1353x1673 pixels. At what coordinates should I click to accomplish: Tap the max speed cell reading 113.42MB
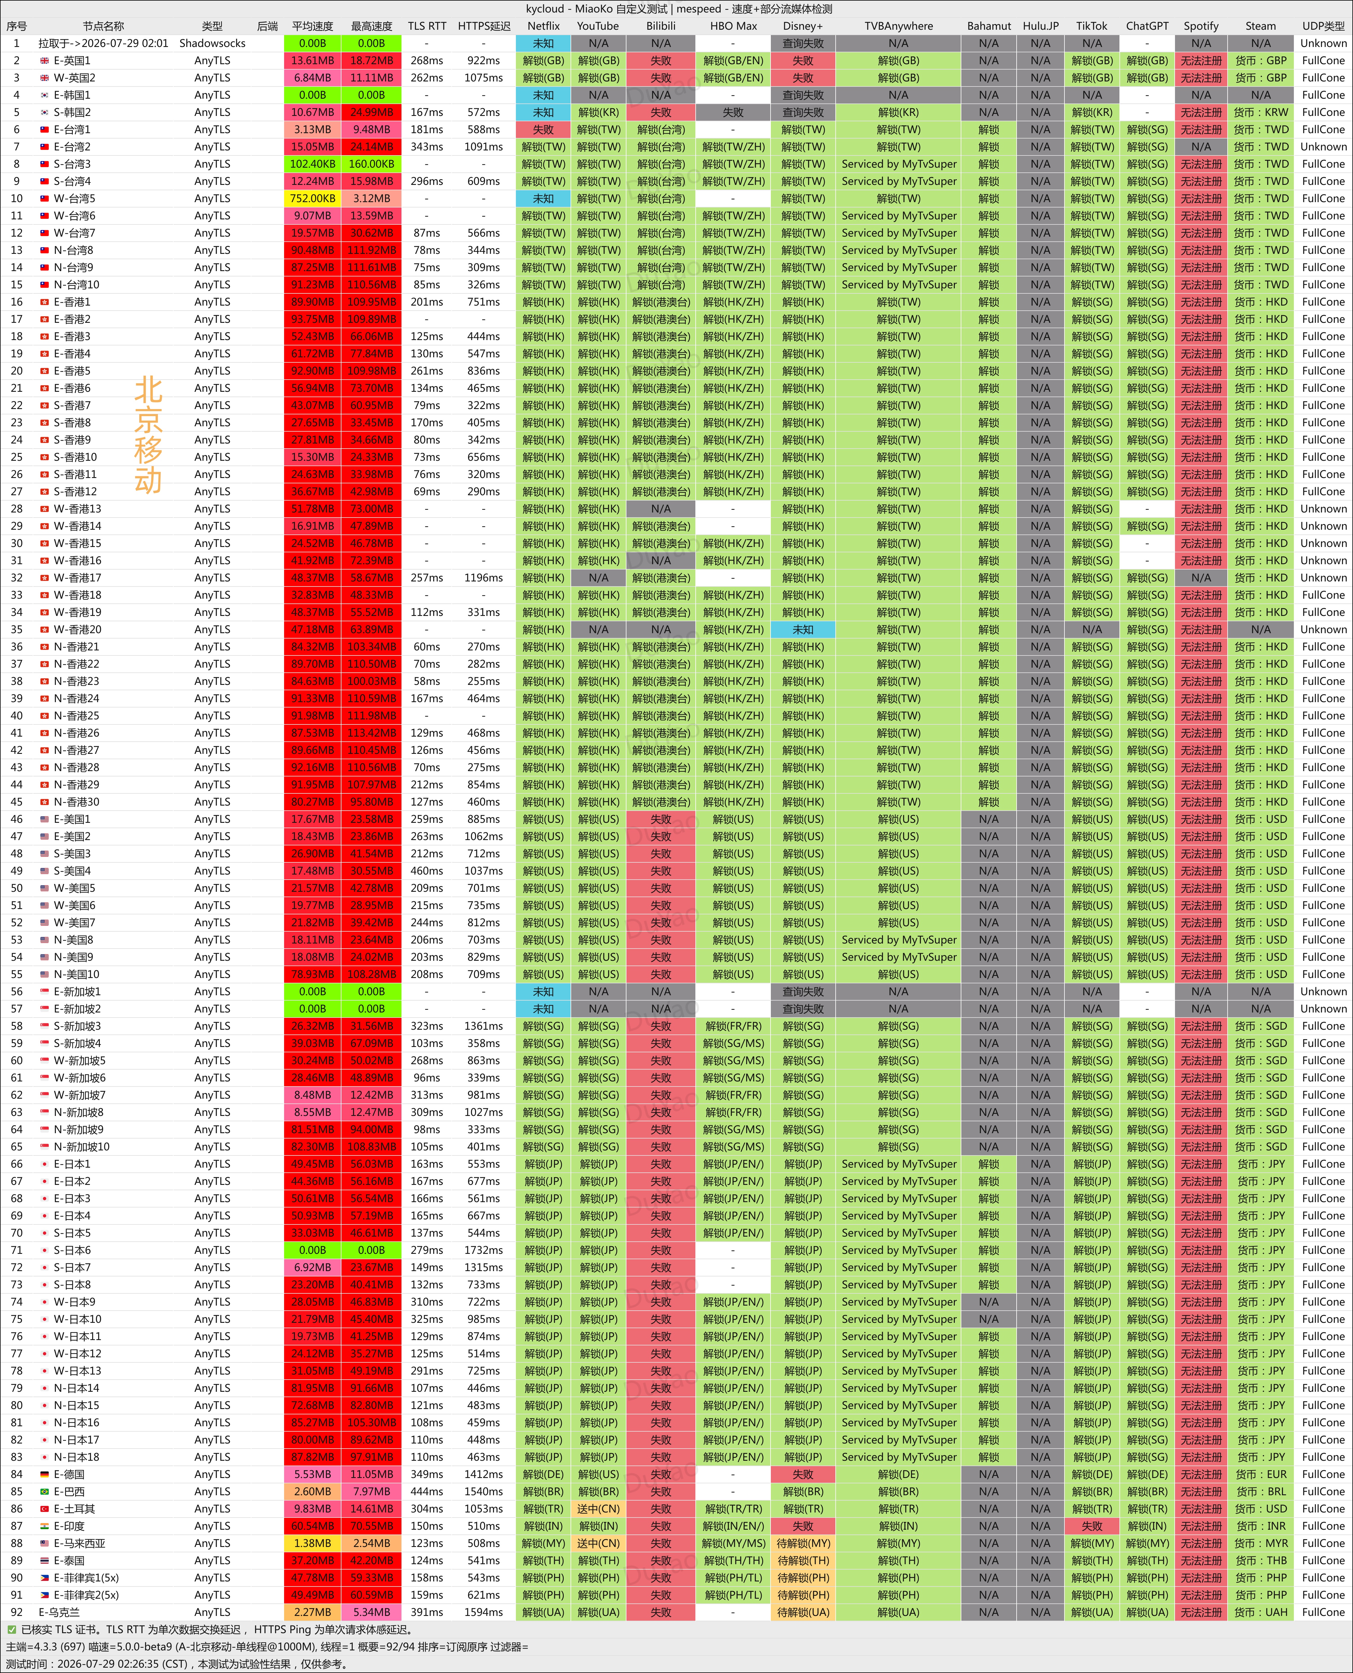click(x=371, y=733)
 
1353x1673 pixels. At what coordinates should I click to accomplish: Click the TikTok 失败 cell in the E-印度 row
click(x=1092, y=1526)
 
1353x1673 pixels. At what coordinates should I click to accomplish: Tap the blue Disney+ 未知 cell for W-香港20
click(x=803, y=629)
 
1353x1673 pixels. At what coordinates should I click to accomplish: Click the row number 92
click(x=16, y=1612)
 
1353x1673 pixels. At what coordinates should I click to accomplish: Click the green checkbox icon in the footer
click(x=12, y=1629)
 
